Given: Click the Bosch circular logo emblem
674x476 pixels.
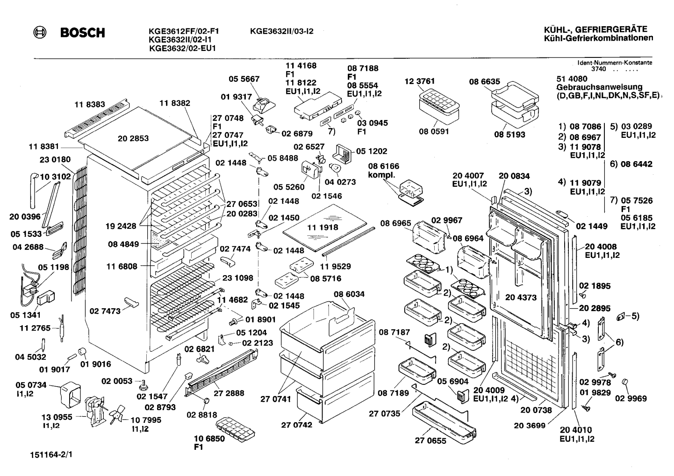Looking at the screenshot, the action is point(40,33).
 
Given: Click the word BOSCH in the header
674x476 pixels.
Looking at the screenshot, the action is point(83,33).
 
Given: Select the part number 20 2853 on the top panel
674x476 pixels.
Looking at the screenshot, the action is point(133,138).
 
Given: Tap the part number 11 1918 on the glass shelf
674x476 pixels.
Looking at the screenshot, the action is point(323,227).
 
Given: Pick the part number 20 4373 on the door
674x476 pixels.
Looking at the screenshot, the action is point(521,298).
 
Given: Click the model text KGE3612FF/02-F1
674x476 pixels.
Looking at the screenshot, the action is point(184,31).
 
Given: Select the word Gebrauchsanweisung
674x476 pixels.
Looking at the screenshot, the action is point(599,87).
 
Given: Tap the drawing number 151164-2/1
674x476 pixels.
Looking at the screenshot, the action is point(51,455).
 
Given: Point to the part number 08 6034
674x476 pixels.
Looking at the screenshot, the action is point(349,294).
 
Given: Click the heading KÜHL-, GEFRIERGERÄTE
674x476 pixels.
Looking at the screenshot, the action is point(595,29).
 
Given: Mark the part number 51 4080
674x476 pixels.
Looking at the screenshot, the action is point(572,78).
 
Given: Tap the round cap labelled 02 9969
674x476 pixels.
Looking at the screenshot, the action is point(625,382).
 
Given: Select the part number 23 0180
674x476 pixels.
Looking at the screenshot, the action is point(55,159).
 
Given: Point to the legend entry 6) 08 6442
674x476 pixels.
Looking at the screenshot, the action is point(631,164).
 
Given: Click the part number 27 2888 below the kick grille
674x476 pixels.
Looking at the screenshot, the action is point(229,393).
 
